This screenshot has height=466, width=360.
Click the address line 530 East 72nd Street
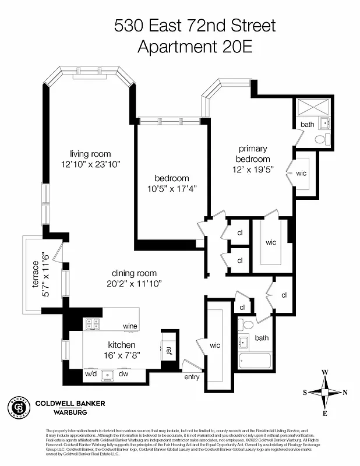[195, 25]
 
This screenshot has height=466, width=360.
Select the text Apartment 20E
[195, 47]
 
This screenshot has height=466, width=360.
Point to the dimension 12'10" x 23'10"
[94, 164]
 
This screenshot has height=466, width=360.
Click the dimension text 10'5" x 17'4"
[172, 188]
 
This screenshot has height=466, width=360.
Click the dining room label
[135, 273]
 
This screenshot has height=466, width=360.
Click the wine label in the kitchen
[130, 326]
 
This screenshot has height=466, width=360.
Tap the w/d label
[90, 373]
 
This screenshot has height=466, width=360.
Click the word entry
[192, 377]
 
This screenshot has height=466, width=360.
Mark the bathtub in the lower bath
[254, 363]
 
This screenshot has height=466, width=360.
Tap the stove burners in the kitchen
[92, 324]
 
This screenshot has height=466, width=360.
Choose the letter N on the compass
[345, 393]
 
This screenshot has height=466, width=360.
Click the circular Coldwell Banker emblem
[17, 405]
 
